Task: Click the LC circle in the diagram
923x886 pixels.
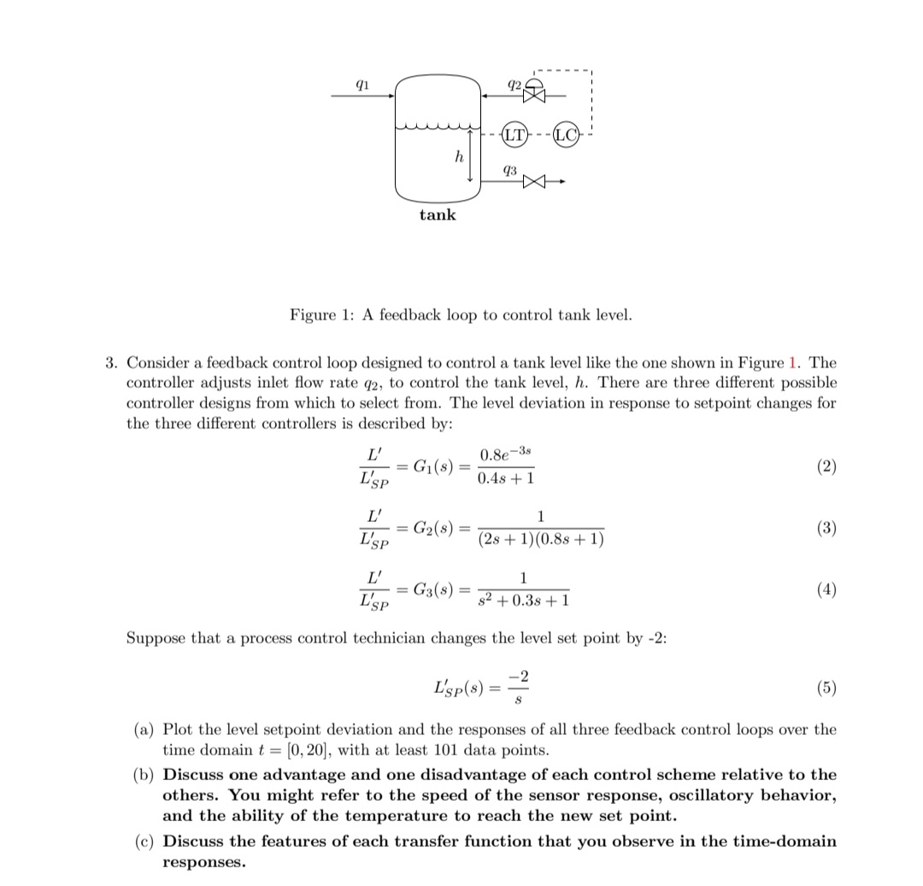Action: coord(564,135)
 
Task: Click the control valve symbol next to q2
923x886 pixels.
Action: coord(536,95)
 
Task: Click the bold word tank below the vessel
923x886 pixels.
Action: coord(438,214)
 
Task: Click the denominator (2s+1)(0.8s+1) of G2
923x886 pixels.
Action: coord(540,541)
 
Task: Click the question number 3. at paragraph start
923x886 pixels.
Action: coord(112,362)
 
